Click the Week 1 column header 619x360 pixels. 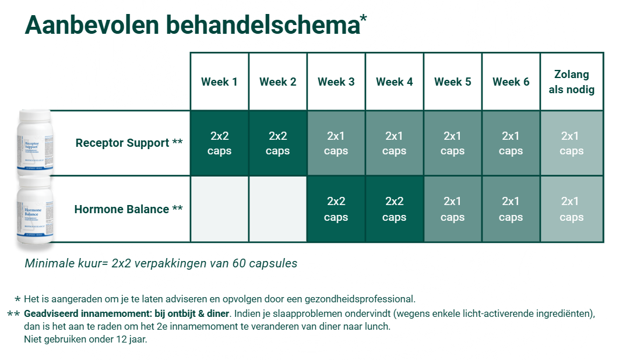point(219,82)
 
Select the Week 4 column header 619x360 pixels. point(394,82)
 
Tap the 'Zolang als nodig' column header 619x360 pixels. point(571,82)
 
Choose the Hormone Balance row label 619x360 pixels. point(128,209)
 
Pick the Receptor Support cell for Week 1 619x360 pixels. point(219,143)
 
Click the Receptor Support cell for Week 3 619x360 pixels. point(336,143)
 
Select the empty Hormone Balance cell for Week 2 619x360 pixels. point(277,209)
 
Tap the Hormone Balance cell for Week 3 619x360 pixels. point(336,209)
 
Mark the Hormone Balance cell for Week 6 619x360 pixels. point(511,209)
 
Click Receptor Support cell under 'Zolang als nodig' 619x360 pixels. point(571,143)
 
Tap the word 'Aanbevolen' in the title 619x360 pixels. point(92,26)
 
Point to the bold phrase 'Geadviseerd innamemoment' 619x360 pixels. point(83,314)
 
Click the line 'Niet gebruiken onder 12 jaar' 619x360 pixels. point(86,339)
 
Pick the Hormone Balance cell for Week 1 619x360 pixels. point(219,209)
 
